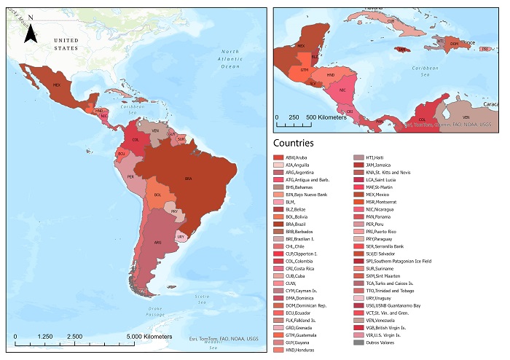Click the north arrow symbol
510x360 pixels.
(31, 33)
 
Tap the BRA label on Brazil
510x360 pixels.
(188, 179)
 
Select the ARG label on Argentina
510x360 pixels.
(156, 242)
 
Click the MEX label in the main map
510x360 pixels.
(56, 85)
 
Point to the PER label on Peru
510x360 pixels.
(130, 176)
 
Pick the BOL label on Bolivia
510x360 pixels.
(157, 195)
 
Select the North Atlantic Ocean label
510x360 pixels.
(230, 58)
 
